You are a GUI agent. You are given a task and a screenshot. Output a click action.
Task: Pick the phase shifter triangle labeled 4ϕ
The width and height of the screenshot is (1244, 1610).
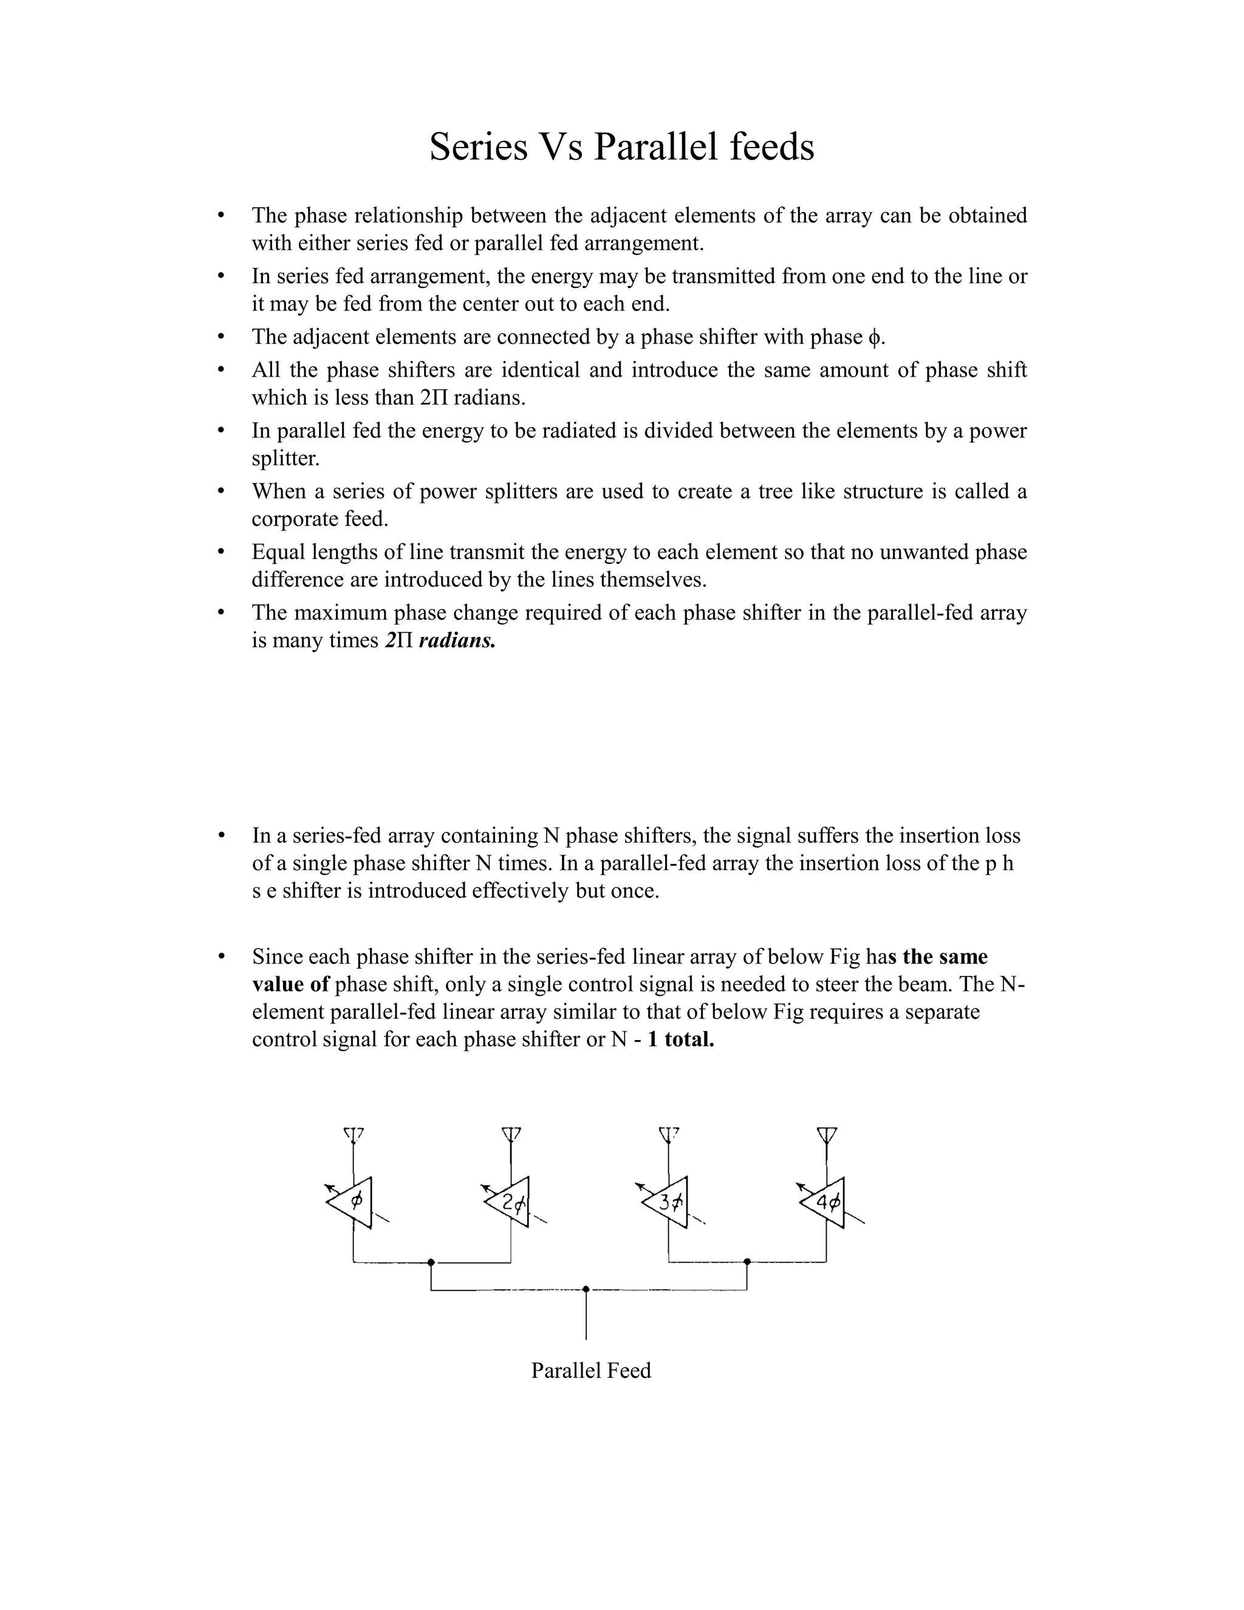[825, 1202]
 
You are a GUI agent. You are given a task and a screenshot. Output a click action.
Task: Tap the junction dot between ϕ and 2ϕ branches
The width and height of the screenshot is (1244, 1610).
[431, 1262]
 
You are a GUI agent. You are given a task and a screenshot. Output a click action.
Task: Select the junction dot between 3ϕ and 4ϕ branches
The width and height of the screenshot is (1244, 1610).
[747, 1262]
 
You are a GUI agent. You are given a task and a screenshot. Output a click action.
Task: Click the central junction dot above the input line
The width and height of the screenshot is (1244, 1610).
[586, 1289]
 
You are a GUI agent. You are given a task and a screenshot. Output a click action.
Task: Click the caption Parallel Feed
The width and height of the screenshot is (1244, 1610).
[591, 1371]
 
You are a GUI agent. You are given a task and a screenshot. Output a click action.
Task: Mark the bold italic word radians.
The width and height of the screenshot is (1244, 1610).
[457, 640]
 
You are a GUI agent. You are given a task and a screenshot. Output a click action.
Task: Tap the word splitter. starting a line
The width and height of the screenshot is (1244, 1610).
[285, 459]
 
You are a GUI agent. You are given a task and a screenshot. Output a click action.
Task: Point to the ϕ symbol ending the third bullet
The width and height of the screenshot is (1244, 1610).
[874, 338]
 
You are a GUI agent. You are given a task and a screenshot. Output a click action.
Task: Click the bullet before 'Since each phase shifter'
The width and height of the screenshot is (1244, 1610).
[220, 956]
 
